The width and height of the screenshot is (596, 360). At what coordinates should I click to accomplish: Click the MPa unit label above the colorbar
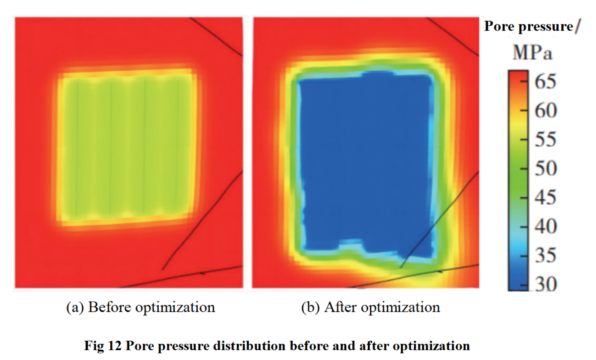[532, 54]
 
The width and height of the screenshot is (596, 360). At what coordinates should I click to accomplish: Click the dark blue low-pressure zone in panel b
[365, 163]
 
